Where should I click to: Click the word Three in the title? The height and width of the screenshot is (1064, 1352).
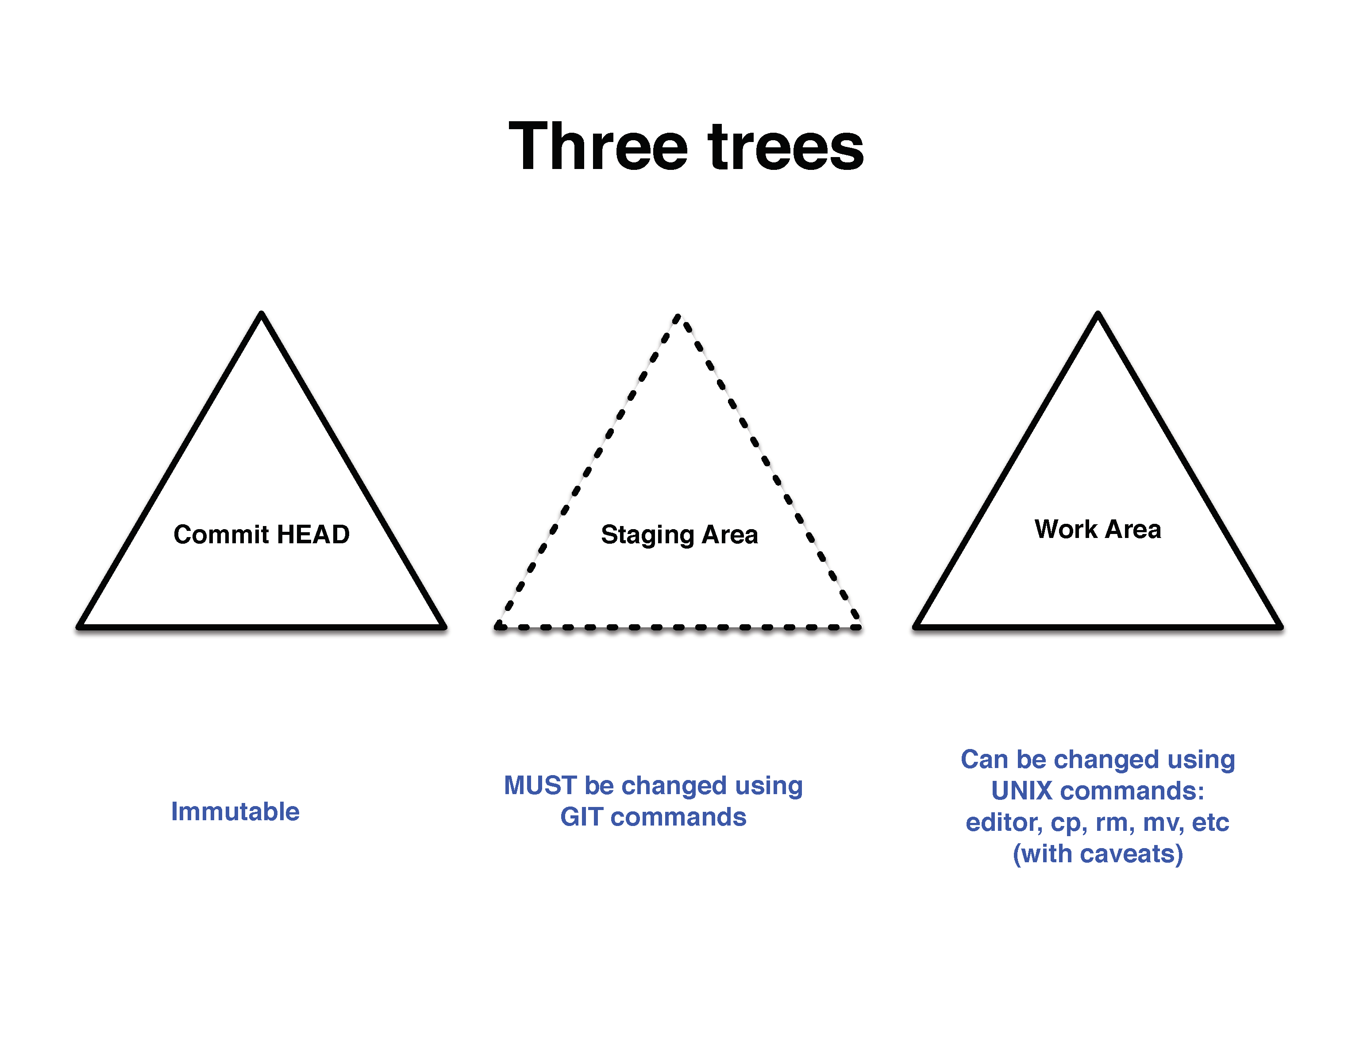[598, 146]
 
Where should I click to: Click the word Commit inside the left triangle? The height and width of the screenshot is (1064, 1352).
[221, 534]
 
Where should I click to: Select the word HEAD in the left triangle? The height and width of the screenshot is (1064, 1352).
[313, 534]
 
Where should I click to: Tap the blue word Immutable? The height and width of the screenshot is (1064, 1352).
[235, 812]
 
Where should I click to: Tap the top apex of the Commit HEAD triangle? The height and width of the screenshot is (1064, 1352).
[262, 313]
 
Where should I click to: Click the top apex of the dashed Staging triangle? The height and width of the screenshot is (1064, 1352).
[678, 316]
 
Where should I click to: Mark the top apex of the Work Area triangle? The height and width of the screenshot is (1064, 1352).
[1098, 313]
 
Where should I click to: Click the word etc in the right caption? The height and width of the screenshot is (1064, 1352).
[1210, 823]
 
